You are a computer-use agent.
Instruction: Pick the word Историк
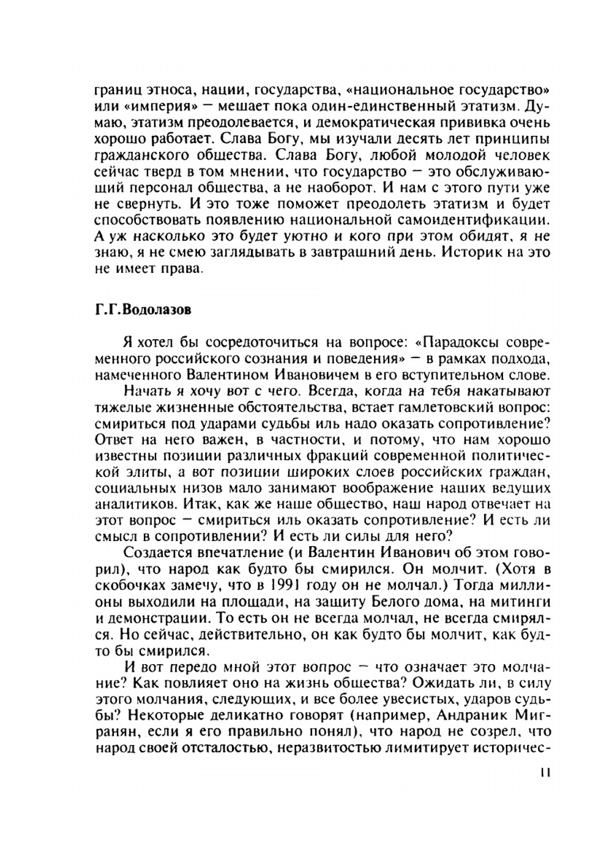(x=465, y=252)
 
